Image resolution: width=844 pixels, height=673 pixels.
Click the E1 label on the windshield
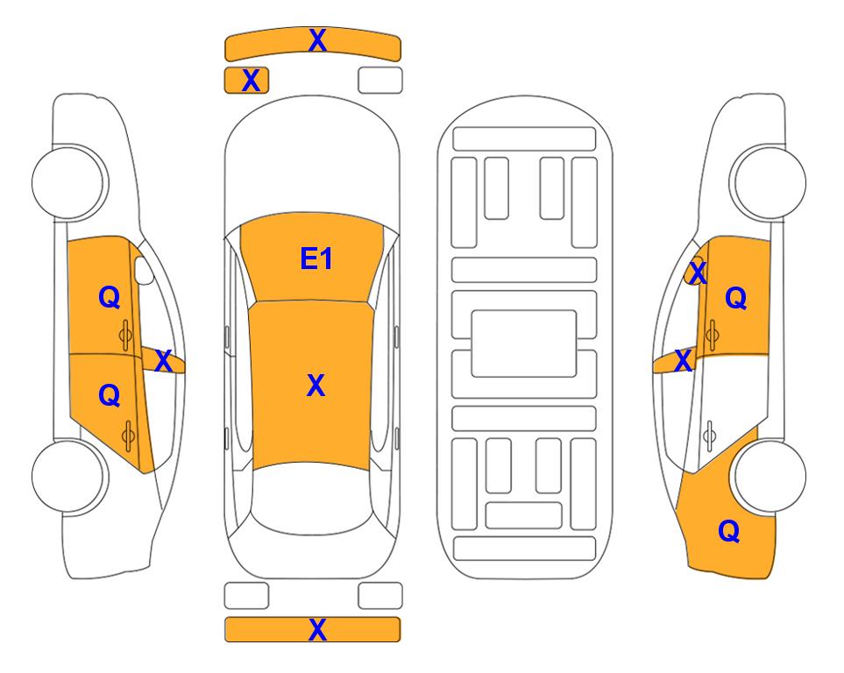tap(316, 259)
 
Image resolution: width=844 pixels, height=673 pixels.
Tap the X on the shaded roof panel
tap(316, 386)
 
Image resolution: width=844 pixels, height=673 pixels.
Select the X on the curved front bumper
tap(317, 39)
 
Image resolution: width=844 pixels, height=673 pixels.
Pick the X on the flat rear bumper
tap(317, 629)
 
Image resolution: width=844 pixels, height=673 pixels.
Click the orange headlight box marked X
tap(251, 81)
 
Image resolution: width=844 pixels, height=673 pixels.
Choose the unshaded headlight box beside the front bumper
tap(380, 81)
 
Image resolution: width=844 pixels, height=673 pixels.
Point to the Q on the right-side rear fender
tap(729, 531)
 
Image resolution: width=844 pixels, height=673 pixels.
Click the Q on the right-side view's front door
tap(736, 297)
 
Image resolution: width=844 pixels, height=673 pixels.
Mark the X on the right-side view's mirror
tap(698, 273)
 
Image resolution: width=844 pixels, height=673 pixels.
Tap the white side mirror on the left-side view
tap(144, 271)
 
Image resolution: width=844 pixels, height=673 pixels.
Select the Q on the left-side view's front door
tap(110, 297)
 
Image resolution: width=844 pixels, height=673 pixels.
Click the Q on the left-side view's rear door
tap(110, 396)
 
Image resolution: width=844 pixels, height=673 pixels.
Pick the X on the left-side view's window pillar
tap(163, 361)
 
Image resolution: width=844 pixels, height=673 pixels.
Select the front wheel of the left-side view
tap(68, 182)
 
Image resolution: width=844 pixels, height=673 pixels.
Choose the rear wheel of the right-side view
tap(770, 476)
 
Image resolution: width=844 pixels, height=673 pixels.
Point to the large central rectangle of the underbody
tap(524, 344)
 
